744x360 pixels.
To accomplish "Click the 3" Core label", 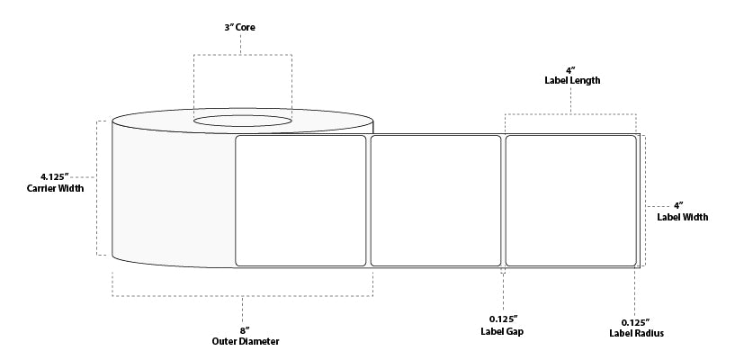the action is click(239, 28).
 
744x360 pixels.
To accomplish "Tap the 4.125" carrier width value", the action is click(55, 177).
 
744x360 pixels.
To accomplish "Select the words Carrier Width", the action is click(55, 188).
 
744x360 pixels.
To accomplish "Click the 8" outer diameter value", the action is click(245, 330).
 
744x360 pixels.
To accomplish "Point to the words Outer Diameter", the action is click(246, 341).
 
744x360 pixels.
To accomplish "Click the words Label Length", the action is click(572, 81).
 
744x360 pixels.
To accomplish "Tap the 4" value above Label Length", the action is click(572, 70).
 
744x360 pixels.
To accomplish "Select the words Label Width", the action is click(682, 217).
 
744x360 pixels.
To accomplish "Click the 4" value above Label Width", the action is click(678, 205).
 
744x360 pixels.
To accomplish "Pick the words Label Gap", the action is click(502, 331).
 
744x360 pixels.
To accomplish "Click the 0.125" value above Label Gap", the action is click(504, 319).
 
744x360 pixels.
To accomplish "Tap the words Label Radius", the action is click(636, 333).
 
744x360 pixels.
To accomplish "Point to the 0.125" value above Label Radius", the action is click(636, 321).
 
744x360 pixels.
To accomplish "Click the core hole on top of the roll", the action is click(243, 121).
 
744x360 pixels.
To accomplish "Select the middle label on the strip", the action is click(435, 201).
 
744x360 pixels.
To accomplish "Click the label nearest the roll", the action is click(300, 201).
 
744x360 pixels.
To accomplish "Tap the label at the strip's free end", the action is click(570, 201).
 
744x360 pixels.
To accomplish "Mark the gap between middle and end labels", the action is click(503, 201).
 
